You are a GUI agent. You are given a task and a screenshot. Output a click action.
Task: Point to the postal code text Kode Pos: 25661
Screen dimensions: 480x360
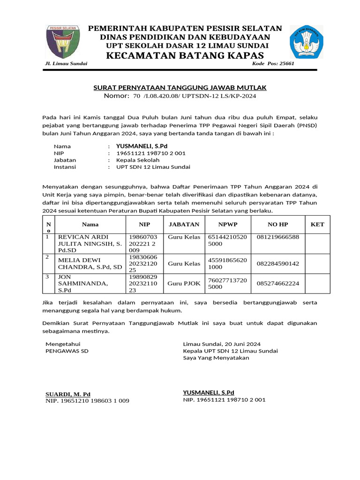click(273, 63)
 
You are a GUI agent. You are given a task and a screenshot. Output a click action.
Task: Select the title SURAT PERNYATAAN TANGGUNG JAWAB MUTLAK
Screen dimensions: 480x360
click(180, 88)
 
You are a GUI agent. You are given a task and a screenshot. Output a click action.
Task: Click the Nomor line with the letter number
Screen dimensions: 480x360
click(180, 96)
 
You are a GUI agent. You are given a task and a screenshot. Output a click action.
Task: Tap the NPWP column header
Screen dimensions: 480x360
click(228, 225)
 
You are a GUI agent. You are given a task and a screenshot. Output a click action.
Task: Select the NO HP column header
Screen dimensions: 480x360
click(278, 225)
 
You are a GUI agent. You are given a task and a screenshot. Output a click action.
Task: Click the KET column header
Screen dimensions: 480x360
click(317, 225)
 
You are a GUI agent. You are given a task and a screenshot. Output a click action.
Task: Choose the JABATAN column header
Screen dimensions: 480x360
click(184, 225)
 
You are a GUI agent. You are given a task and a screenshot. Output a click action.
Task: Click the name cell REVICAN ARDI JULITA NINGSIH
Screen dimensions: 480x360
click(89, 244)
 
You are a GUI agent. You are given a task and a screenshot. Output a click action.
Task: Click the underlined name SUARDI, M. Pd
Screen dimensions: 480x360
click(68, 394)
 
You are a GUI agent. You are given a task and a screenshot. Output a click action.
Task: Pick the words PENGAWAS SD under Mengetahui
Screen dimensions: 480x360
click(67, 351)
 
